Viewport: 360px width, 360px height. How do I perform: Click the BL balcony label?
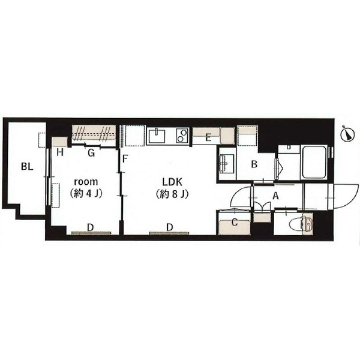pyautogui.click(x=27, y=166)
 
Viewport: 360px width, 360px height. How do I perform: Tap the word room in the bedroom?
pyautogui.click(x=86, y=182)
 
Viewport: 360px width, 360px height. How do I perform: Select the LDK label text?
pyautogui.click(x=172, y=182)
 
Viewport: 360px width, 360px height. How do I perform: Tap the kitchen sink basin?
pyautogui.click(x=157, y=136)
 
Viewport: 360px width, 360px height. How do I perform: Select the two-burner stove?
pyautogui.click(x=182, y=136)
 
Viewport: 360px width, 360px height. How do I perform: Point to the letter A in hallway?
pyautogui.click(x=275, y=196)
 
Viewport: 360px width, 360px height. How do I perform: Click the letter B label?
pyautogui.click(x=254, y=164)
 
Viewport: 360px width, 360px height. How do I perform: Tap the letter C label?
pyautogui.click(x=235, y=223)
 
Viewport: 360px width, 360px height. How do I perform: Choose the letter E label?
pyautogui.click(x=208, y=138)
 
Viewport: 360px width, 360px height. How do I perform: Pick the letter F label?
pyautogui.click(x=125, y=158)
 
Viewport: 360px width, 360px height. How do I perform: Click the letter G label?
pyautogui.click(x=91, y=153)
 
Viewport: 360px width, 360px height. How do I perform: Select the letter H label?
pyautogui.click(x=60, y=152)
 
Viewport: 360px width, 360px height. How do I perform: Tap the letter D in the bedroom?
pyautogui.click(x=91, y=228)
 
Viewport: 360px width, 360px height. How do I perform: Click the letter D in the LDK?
pyautogui.click(x=169, y=227)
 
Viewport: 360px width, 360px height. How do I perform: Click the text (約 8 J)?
pyautogui.click(x=172, y=194)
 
